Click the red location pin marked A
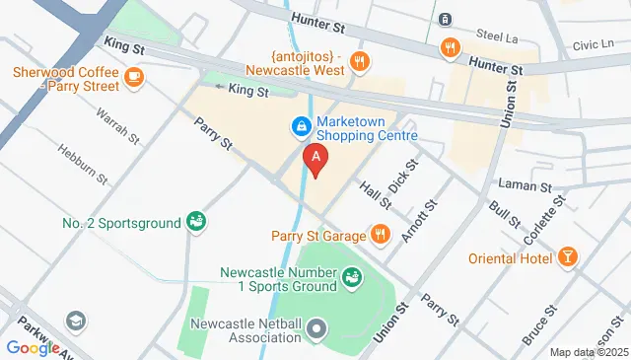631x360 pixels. click(x=315, y=159)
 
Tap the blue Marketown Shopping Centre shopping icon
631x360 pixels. click(x=300, y=126)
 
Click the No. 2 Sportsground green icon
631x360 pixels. click(x=196, y=222)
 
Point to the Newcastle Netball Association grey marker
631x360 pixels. click(x=315, y=326)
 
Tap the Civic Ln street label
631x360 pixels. click(x=593, y=44)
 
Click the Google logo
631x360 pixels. click(x=33, y=347)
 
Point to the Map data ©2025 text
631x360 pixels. click(x=589, y=352)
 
